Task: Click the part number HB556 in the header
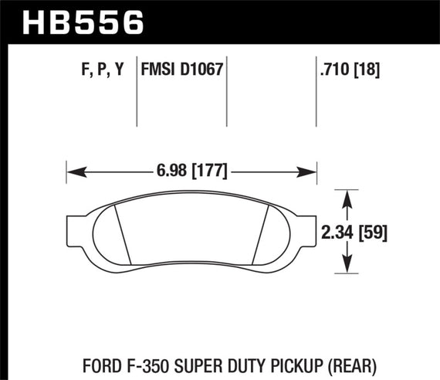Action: pyautogui.click(x=85, y=22)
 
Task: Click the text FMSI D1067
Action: pyautogui.click(x=181, y=70)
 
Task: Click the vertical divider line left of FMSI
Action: pyautogui.click(x=137, y=93)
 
